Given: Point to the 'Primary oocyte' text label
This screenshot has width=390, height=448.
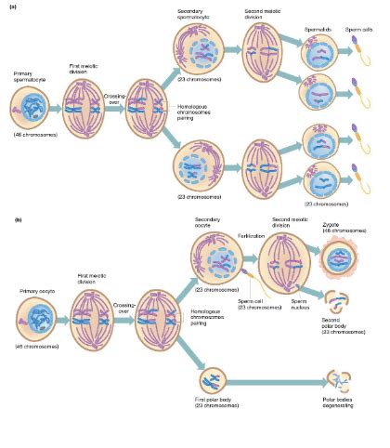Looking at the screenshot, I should coord(32,291).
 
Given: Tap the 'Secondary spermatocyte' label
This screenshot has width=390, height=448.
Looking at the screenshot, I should coord(197,12).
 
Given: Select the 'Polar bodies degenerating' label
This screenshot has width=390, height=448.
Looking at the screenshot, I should coord(344,411).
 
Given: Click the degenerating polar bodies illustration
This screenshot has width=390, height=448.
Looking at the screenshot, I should coord(343,380).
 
